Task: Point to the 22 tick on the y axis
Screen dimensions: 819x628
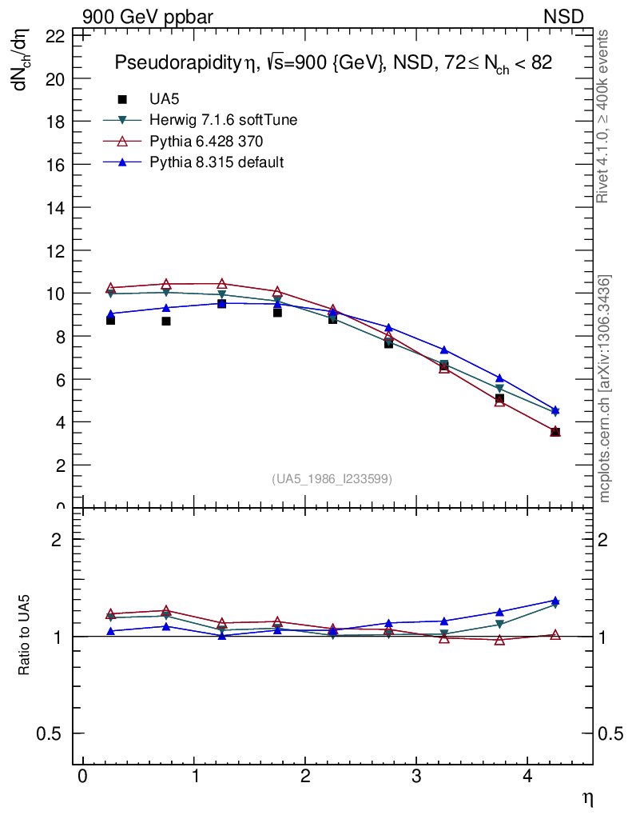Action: tap(55, 36)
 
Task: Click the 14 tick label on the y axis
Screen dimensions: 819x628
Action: tap(55, 207)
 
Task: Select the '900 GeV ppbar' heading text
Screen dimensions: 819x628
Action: tap(148, 17)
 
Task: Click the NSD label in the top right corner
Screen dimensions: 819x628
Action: tap(563, 17)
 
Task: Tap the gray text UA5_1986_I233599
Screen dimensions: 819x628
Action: tap(332, 479)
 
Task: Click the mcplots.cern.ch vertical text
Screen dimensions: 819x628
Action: tap(605, 389)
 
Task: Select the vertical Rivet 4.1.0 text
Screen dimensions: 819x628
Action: tap(603, 117)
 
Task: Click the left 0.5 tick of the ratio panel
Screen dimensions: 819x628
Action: tap(50, 734)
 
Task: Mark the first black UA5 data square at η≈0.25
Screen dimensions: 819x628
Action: tap(110, 320)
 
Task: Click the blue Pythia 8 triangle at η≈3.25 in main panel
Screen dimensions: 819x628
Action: tap(444, 350)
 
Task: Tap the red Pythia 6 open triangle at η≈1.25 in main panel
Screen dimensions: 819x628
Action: tap(221, 284)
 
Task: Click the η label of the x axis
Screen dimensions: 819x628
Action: tap(586, 798)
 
